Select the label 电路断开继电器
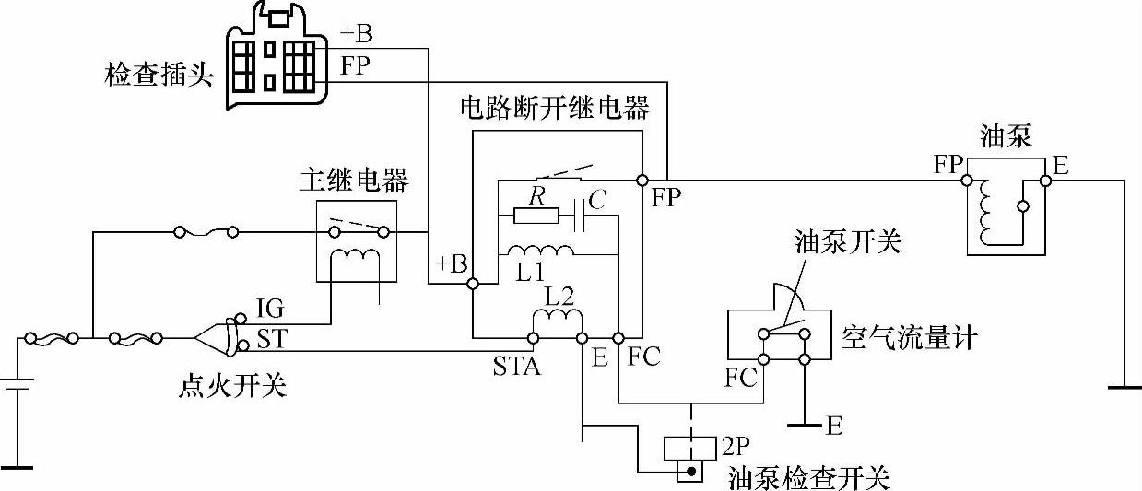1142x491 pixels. click(x=556, y=109)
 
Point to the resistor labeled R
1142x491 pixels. click(x=536, y=216)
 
